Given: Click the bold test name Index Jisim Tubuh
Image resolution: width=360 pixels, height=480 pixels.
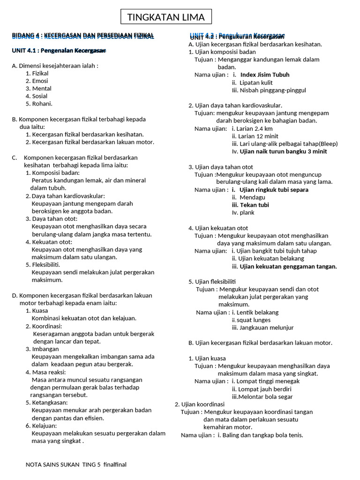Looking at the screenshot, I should pyautogui.click(x=264, y=75).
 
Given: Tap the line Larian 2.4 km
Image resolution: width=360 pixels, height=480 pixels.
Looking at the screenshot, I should pyautogui.click(x=255, y=128).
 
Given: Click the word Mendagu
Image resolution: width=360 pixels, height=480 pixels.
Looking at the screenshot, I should pyautogui.click(x=252, y=197).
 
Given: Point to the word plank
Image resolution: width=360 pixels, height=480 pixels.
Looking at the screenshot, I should pyautogui.click(x=247, y=212).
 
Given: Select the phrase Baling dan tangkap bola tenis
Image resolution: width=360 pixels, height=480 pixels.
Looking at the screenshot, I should pyautogui.click(x=260, y=435).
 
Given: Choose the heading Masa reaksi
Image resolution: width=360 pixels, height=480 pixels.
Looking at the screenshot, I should pyautogui.click(x=48, y=372).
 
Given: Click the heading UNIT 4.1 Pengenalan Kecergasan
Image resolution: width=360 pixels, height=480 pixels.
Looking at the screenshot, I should pyautogui.click(x=59, y=51).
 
